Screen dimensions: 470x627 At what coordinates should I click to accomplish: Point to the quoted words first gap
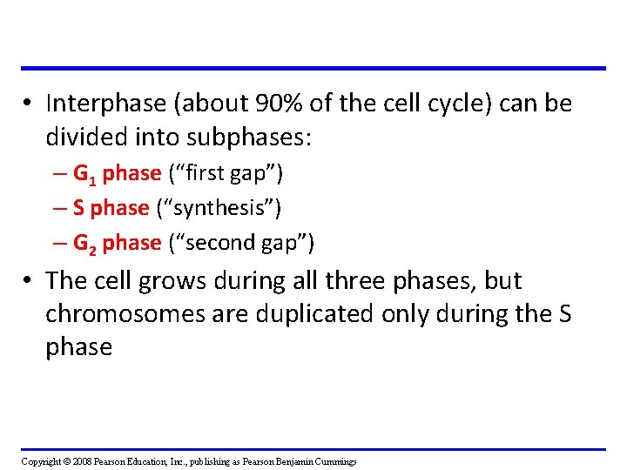coord(226,174)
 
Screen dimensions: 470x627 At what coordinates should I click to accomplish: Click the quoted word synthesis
coord(219,208)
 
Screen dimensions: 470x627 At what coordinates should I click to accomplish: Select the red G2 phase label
coord(118,243)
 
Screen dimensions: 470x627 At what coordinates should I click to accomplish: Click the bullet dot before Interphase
coord(30,104)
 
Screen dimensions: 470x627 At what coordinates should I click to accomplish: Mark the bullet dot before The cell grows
coord(30,282)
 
